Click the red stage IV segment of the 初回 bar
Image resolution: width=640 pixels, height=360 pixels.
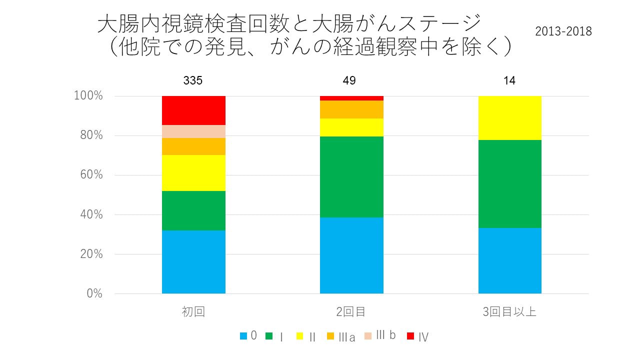click(x=193, y=110)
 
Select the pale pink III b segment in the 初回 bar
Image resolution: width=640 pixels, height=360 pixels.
click(x=193, y=131)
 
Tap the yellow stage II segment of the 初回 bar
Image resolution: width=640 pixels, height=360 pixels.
click(x=193, y=173)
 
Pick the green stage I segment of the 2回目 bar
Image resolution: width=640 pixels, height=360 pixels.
click(x=351, y=176)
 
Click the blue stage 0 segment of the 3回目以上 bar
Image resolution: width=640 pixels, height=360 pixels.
click(x=509, y=260)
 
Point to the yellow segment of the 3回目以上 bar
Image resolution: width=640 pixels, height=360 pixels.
click(x=509, y=117)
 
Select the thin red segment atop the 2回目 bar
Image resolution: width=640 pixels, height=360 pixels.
click(x=351, y=98)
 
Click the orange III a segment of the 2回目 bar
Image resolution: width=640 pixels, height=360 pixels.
click(x=351, y=109)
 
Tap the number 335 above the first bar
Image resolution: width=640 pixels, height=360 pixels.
click(x=193, y=80)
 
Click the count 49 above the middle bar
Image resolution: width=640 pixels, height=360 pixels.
click(x=349, y=80)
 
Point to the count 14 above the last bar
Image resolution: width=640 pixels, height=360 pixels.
click(x=509, y=80)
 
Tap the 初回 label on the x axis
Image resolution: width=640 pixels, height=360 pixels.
click(x=193, y=312)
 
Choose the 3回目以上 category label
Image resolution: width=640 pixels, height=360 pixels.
click(x=509, y=312)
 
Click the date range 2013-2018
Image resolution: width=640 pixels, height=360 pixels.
click(x=563, y=31)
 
